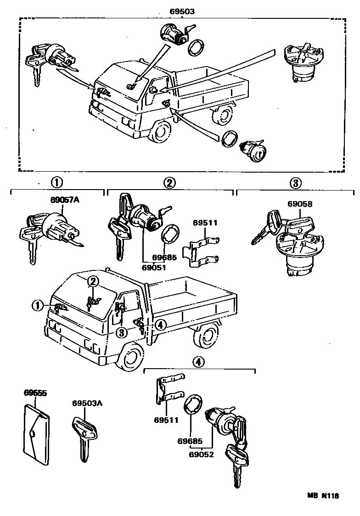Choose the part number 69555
pos(35,393)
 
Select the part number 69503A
pos(87,404)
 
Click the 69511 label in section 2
pos(205,223)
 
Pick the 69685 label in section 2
pos(164,258)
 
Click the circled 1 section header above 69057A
pos(56,183)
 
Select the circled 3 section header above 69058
pos(295,183)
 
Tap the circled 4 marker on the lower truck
pos(160,325)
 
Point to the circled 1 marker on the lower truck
pos(37,305)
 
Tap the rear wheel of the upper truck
pos(224,115)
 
